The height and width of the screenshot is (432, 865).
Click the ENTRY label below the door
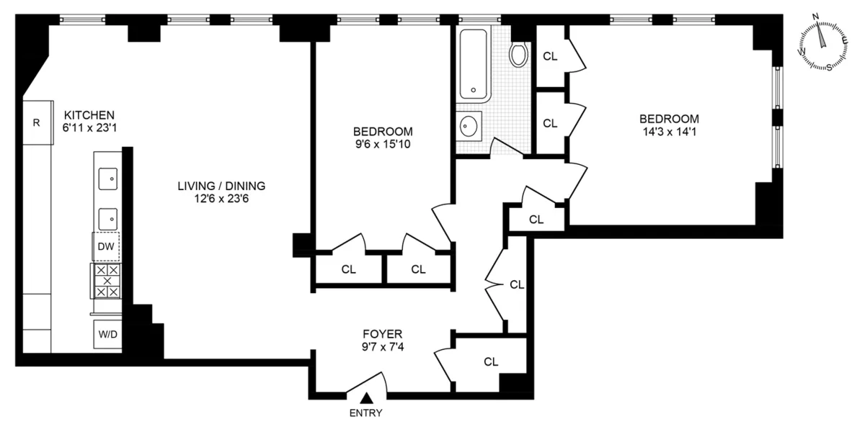point(365,413)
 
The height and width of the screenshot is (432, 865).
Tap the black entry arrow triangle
point(366,397)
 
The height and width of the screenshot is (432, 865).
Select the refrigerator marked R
point(36,122)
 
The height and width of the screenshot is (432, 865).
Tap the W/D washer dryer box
point(106,334)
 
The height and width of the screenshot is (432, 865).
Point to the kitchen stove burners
point(106,281)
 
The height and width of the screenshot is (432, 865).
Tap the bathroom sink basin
point(469,127)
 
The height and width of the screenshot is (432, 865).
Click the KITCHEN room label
point(89,115)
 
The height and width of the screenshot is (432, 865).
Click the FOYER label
point(383,334)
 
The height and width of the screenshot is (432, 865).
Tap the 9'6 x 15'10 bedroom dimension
point(383,144)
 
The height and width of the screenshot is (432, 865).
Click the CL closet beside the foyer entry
point(491,361)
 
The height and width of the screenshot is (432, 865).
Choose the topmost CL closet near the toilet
point(550,55)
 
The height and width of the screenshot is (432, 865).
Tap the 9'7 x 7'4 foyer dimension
point(383,347)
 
